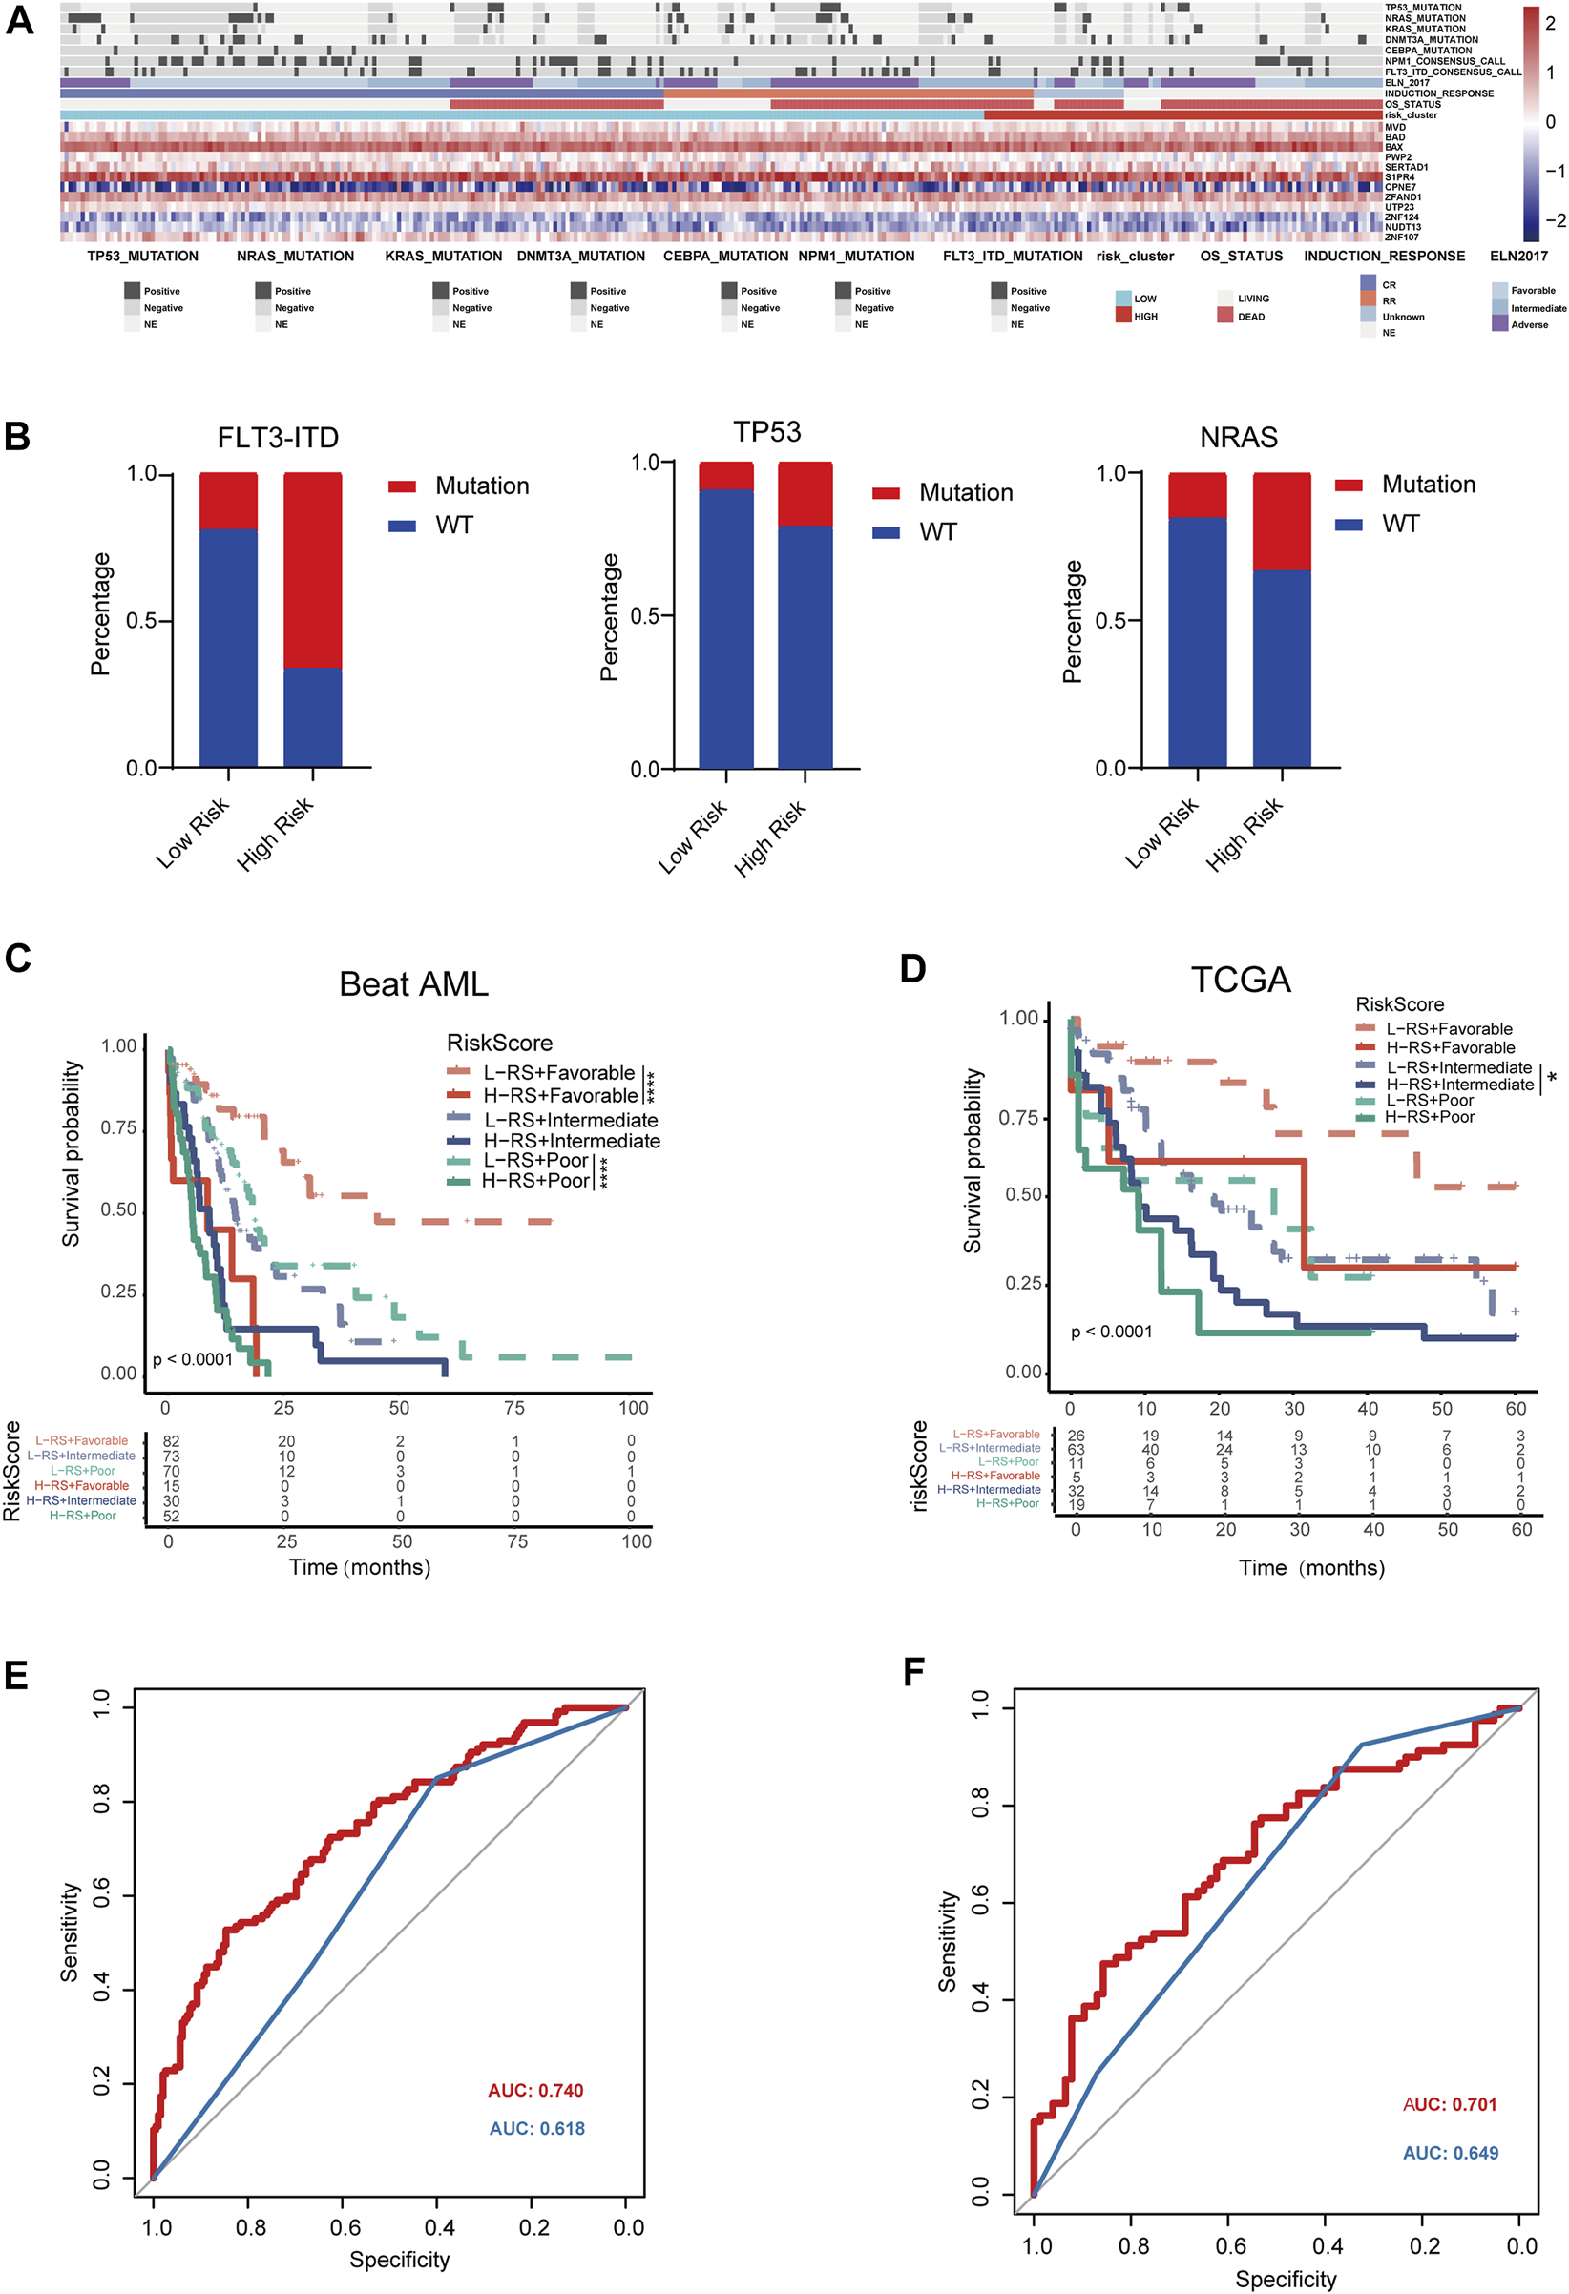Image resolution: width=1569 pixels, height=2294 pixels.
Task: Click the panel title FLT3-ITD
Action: coord(278,437)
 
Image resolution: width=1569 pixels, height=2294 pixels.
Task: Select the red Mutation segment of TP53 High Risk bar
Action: coord(805,493)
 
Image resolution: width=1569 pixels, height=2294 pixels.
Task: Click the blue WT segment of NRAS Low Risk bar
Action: coord(1197,642)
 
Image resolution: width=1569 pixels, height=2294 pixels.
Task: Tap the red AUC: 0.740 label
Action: coord(535,2090)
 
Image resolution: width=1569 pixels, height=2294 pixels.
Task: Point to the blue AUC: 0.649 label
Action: coord(1450,2152)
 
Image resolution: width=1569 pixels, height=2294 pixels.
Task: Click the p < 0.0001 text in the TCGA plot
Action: coord(1111,1332)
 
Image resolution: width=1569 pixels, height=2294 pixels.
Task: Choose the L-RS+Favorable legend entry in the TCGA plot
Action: coord(1449,1028)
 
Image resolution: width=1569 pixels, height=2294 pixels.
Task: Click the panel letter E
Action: coord(16,1675)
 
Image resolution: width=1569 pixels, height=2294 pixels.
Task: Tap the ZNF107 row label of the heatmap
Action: coord(1401,237)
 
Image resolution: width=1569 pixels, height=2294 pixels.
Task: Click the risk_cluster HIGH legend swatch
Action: coord(1122,316)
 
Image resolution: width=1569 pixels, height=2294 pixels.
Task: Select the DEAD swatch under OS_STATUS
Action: coord(1224,316)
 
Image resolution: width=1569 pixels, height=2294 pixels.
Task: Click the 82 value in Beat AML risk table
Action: coord(171,1441)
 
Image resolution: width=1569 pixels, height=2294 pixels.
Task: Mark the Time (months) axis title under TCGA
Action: coord(1311,1567)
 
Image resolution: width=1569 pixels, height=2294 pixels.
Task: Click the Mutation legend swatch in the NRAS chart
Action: coord(1348,485)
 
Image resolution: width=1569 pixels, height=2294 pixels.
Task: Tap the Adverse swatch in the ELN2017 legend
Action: coord(1499,323)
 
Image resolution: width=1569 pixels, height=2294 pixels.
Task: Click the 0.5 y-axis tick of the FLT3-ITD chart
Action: coord(142,621)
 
